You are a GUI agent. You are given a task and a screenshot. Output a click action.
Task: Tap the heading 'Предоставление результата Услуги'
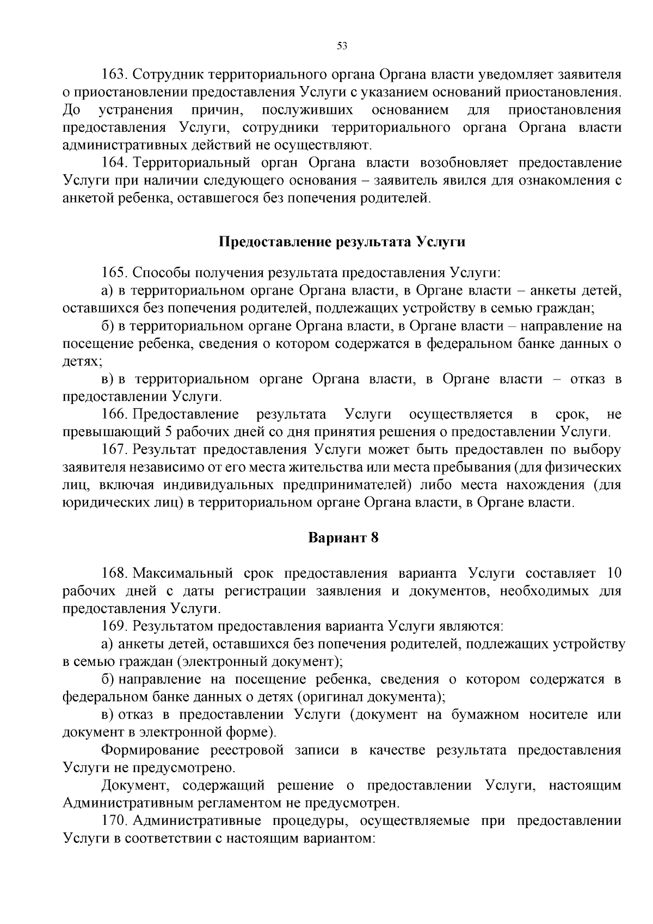coord(342,242)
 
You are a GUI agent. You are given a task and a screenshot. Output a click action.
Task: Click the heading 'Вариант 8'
coord(343,538)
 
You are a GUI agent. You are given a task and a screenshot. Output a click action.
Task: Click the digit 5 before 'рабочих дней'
coord(168,432)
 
